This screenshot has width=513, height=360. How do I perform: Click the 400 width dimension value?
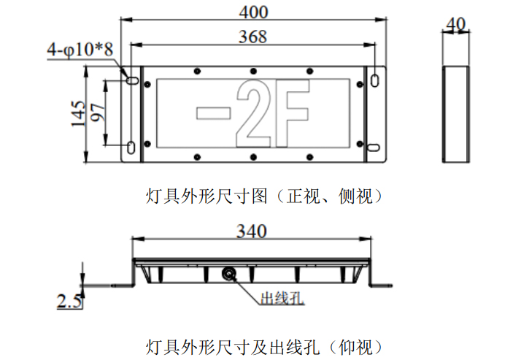[253, 12]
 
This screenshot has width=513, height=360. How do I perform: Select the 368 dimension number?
[253, 37]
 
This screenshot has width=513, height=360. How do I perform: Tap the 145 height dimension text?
[78, 114]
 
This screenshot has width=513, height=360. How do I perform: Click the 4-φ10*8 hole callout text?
[80, 50]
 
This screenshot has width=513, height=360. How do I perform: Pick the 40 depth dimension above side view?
[455, 24]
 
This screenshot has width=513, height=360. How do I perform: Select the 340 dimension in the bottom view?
[252, 231]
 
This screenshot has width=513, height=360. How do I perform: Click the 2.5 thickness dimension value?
[69, 301]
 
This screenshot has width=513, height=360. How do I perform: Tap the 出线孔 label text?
[282, 298]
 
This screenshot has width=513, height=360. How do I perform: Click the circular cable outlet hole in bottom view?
[228, 274]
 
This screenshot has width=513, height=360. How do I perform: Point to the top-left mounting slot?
[133, 80]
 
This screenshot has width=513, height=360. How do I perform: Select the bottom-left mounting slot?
[131, 148]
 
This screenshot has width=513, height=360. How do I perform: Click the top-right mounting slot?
[374, 80]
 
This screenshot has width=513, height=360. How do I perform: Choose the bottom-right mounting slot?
[374, 148]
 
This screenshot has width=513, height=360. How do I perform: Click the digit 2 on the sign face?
[253, 113]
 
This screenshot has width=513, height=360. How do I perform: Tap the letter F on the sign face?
[292, 113]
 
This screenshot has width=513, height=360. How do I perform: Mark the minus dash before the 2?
[214, 113]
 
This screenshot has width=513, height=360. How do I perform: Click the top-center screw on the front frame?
[253, 72]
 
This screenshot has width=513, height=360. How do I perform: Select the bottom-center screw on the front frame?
[253, 158]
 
